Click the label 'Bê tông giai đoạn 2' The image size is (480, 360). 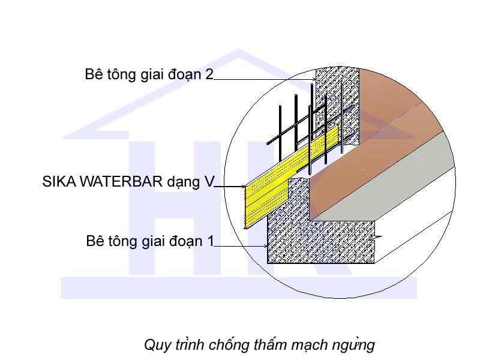(149, 74)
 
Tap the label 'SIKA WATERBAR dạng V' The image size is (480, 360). (128, 182)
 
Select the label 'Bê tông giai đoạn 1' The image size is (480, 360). (150, 241)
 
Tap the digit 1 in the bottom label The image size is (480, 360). (210, 241)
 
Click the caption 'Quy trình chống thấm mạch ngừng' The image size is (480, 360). (259, 345)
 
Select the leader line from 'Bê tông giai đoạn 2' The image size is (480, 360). (264, 79)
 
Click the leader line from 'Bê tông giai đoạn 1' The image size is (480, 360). (240, 246)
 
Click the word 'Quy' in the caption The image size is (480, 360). (155, 346)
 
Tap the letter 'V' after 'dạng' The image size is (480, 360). (208, 182)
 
